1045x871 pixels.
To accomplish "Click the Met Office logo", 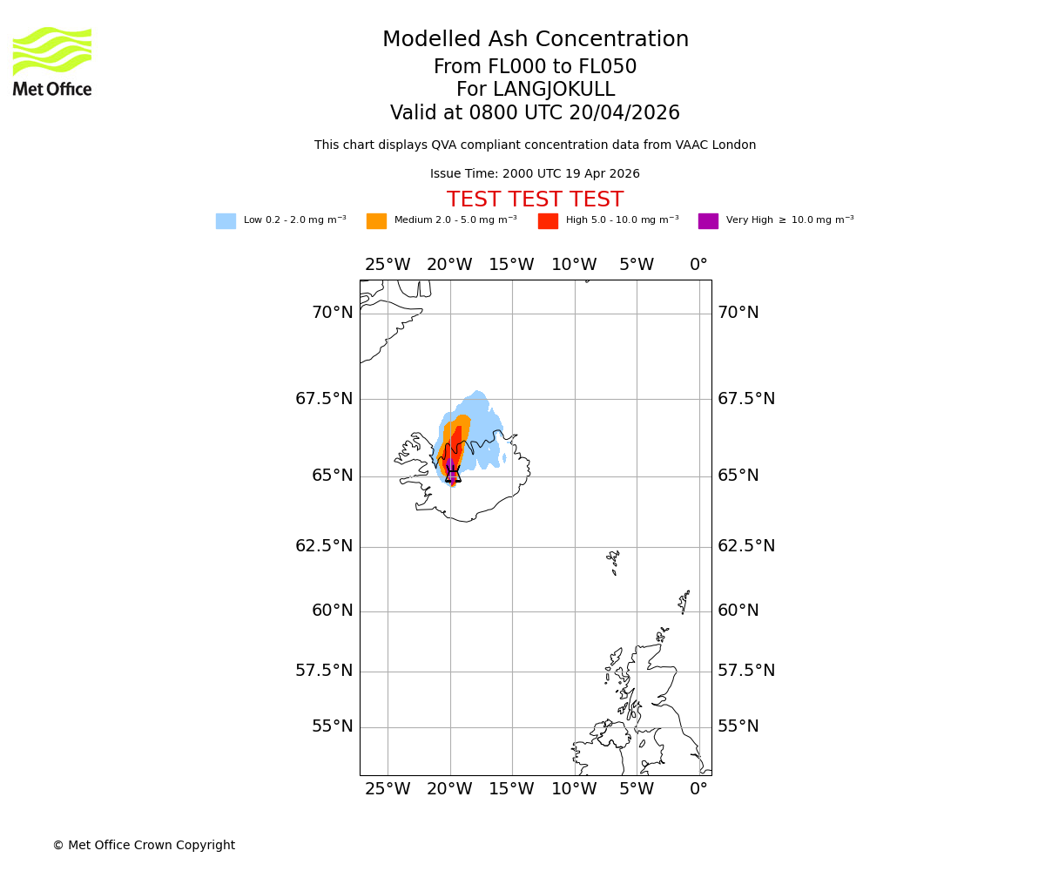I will pos(52,61).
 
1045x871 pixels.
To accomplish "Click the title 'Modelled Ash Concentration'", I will pos(536,40).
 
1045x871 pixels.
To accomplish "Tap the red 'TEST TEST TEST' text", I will pos(535,200).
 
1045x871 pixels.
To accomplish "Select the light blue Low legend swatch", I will pos(226,221).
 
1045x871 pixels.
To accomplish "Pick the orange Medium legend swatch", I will pos(376,221).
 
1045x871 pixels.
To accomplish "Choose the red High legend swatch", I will pos(548,221).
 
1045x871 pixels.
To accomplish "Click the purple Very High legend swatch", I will pos(708,221).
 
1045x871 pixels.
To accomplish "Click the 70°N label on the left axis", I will pos(333,313).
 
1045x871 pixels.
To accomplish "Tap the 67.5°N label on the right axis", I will pos(745,399).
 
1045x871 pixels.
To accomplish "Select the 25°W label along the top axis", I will pos(388,265).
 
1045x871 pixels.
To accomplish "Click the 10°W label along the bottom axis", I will pos(574,789).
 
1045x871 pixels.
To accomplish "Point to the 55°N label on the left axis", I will pos(333,726).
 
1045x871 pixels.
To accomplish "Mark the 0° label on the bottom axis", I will pos(698,789).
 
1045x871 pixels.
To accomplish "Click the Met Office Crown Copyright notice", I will pos(144,845).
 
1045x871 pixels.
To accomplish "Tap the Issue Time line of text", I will pos(535,174).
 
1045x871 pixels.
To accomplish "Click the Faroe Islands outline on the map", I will pos(615,562).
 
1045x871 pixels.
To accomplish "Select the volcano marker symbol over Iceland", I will pos(453,473).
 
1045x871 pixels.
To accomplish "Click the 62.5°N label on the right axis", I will pos(745,546).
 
